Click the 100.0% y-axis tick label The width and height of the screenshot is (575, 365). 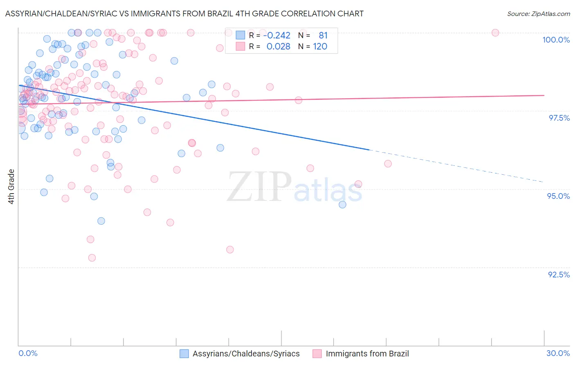[x=556, y=40]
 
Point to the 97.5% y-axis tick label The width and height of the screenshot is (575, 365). [x=559, y=118]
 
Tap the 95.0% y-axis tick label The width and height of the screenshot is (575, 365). [x=558, y=196]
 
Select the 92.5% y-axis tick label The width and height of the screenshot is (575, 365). [x=559, y=275]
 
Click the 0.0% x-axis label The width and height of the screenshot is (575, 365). [x=28, y=353]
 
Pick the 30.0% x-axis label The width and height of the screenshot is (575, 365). [x=558, y=353]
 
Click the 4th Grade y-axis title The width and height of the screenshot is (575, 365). [x=11, y=187]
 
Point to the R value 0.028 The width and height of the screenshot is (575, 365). [x=278, y=47]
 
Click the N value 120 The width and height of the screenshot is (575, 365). [x=320, y=47]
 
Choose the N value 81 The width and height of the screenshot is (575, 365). [x=323, y=36]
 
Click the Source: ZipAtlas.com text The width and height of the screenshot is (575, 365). [x=538, y=14]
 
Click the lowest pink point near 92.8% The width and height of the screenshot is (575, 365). [x=92, y=258]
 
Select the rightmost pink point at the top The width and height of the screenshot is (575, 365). [x=495, y=33]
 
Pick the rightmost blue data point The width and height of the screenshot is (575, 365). [x=343, y=205]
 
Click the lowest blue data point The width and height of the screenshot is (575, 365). [x=101, y=221]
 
